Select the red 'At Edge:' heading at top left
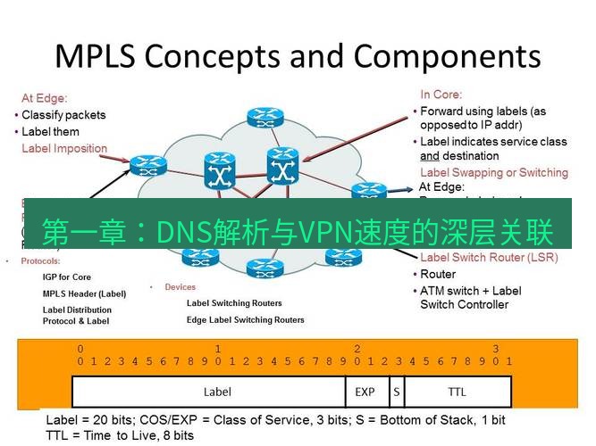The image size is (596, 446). coord(45,98)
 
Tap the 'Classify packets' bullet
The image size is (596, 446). coord(63,115)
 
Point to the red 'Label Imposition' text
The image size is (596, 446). coord(64,148)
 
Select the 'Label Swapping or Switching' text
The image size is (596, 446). coord(493,172)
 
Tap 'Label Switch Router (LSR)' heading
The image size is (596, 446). coord(488,258)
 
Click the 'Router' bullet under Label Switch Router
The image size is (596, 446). coord(438,274)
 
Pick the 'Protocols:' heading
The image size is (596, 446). coord(39,261)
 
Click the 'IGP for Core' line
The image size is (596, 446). coord(66,277)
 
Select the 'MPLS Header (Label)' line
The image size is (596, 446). coord(84,293)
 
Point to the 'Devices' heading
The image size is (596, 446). coord(180,287)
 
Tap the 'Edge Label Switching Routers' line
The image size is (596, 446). coord(245,319)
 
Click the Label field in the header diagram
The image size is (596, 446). coord(217,392)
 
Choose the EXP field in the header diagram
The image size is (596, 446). coord(365,392)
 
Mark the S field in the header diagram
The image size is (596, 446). coord(395,392)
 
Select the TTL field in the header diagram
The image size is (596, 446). coord(457,392)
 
